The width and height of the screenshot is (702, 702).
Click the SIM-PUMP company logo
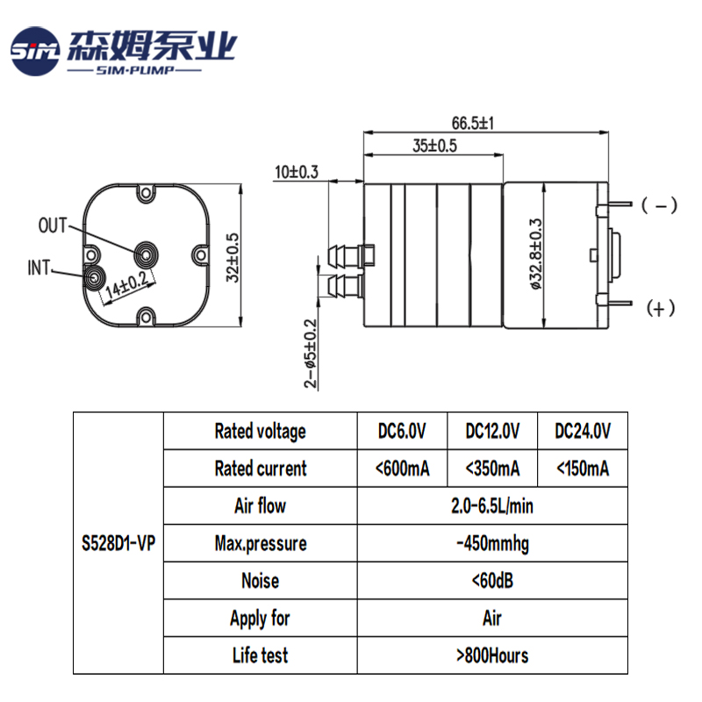tap(123, 51)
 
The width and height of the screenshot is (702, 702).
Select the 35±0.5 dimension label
tap(434, 147)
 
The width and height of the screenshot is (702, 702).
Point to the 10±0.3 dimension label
tap(296, 172)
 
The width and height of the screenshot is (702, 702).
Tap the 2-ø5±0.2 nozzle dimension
tap(310, 353)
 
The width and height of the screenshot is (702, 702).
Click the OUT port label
tap(53, 225)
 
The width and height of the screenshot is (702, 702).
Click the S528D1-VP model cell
tap(118, 543)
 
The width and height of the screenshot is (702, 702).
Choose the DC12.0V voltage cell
tap(492, 431)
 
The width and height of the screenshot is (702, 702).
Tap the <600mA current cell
tap(402, 469)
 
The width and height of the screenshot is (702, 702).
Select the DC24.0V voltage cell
tap(583, 431)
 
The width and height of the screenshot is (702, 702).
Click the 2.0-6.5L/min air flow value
tap(492, 505)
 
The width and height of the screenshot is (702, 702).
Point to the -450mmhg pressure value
tap(492, 543)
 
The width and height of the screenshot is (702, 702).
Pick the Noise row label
tap(260, 581)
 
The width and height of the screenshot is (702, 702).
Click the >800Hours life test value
tap(492, 655)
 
